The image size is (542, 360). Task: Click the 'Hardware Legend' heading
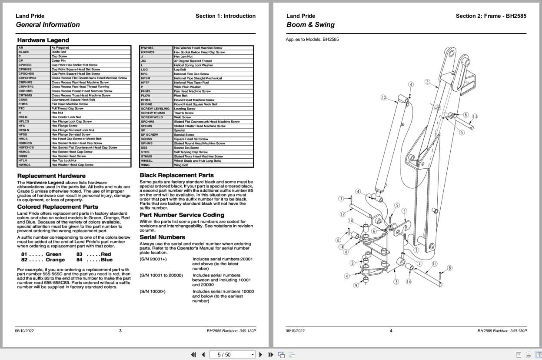tap(43, 40)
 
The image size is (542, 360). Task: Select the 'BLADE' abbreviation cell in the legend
tap(24, 52)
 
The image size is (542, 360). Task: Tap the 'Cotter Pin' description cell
tap(59, 61)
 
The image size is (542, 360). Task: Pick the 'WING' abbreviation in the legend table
tap(145, 165)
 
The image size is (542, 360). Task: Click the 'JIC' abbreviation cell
tap(143, 61)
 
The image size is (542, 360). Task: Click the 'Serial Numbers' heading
tap(162, 237)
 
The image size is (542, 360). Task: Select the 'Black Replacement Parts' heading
tap(176, 175)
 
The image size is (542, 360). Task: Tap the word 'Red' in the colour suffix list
tap(106, 254)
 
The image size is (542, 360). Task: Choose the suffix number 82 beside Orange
tap(24, 260)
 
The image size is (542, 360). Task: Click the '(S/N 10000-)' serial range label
tap(153, 291)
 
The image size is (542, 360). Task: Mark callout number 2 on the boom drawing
tap(427, 82)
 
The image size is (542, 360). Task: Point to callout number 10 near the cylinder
tap(383, 98)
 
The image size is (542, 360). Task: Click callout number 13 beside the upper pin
tap(475, 116)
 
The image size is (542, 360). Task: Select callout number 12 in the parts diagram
tap(342, 214)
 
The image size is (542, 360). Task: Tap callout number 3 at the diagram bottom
tap(396, 282)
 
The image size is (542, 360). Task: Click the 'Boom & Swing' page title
tap(310, 25)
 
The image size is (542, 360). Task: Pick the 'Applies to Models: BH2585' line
tap(312, 40)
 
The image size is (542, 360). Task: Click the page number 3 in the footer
tap(120, 331)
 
